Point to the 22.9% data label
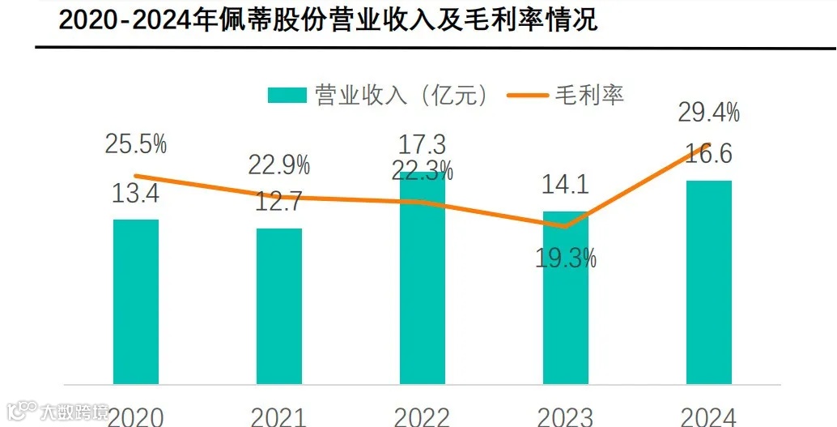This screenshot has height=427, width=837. tap(278, 165)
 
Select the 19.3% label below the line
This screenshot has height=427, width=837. tap(565, 258)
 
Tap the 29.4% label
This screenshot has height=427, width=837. tap(708, 113)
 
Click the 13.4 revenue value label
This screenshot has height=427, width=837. tap(136, 194)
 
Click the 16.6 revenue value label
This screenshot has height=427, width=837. tap(708, 154)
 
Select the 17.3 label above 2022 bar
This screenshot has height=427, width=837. tap(422, 146)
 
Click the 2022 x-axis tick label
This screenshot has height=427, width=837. tap(422, 416)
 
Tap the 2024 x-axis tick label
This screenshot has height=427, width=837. tap(708, 416)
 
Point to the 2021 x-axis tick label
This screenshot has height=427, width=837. tap(278, 416)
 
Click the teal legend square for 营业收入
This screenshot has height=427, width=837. tap(287, 96)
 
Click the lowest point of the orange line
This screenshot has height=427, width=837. tap(565, 227)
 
